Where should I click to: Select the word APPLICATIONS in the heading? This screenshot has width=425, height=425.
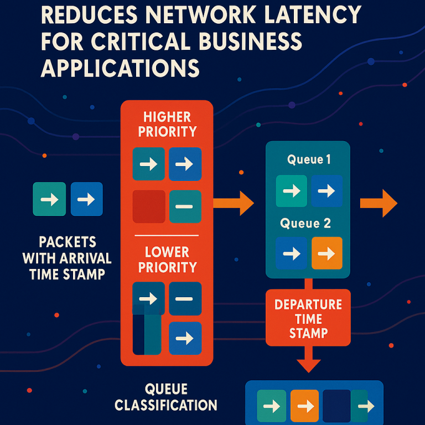click(120, 68)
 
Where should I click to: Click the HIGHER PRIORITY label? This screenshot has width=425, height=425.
click(167, 124)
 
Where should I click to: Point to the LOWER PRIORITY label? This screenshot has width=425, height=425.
click(167, 260)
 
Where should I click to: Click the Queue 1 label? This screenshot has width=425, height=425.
click(309, 160)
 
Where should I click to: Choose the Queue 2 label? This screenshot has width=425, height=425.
click(305, 224)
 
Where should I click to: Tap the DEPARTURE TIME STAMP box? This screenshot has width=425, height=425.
click(308, 319)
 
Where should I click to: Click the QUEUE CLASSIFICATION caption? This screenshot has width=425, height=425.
click(166, 397)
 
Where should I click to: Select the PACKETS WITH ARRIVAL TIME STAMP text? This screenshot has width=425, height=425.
click(67, 257)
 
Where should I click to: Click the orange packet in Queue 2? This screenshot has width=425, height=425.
click(327, 253)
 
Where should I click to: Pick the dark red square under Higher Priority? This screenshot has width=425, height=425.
click(149, 206)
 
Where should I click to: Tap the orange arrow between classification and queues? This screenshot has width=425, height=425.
click(234, 203)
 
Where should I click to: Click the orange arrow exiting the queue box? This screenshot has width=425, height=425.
click(379, 203)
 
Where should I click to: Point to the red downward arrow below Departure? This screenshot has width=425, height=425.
click(308, 362)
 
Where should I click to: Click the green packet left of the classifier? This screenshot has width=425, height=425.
click(49, 199)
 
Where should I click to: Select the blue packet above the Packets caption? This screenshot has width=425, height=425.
click(86, 199)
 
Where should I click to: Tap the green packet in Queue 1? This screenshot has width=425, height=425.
click(291, 191)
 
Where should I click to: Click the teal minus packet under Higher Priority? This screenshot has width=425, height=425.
click(185, 206)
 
